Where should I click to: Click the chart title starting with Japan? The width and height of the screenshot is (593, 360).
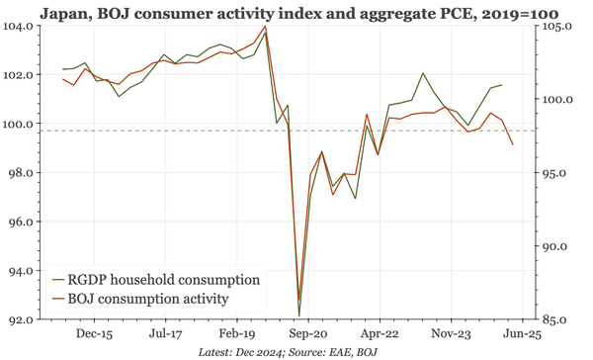click(296, 11)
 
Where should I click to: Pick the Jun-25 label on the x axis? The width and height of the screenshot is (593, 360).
click(521, 335)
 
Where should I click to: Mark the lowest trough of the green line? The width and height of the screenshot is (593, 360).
click(298, 316)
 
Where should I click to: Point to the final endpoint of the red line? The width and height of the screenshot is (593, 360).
click(513, 145)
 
